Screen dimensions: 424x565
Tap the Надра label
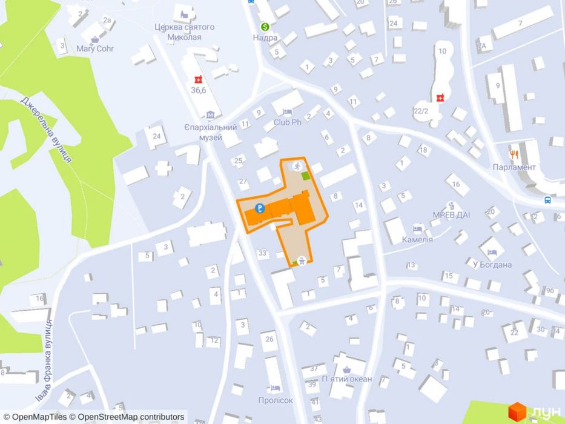265,38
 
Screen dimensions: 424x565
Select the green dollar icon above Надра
265,27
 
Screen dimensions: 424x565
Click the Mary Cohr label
94,49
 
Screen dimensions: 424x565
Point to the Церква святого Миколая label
185,31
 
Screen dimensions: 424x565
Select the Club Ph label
287,122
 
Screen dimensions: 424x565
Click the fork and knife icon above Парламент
514,154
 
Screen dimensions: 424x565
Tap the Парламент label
514,167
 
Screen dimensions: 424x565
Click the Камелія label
417,239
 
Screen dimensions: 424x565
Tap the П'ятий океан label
346,379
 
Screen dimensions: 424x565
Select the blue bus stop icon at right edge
547,199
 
